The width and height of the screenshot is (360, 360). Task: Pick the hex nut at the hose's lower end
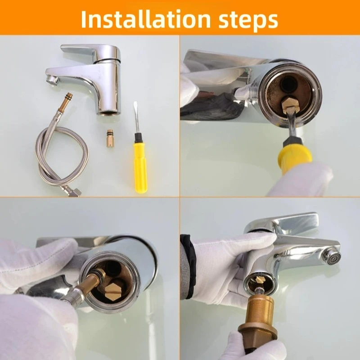[x=76, y=192]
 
